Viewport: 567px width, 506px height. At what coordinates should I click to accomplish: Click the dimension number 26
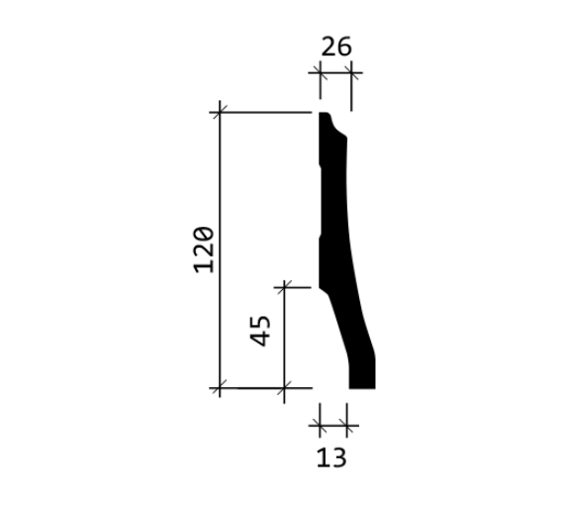pyautogui.click(x=335, y=47)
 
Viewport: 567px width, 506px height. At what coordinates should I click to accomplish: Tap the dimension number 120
pyautogui.click(x=204, y=250)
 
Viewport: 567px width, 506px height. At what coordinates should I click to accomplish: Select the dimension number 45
pyautogui.click(x=260, y=331)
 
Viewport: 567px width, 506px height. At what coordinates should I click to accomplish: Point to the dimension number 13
pyautogui.click(x=331, y=457)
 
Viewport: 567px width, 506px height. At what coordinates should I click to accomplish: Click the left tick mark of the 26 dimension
pyautogui.click(x=320, y=72)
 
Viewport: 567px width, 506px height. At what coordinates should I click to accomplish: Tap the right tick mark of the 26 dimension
pyautogui.click(x=351, y=72)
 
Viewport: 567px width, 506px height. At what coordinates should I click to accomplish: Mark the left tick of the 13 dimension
pyautogui.click(x=320, y=426)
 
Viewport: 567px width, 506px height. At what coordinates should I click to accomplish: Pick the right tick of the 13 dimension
pyautogui.click(x=346, y=426)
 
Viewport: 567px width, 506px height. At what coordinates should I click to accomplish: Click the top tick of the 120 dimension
pyautogui.click(x=220, y=112)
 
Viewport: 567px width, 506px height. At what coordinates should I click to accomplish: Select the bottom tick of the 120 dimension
pyautogui.click(x=220, y=387)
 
